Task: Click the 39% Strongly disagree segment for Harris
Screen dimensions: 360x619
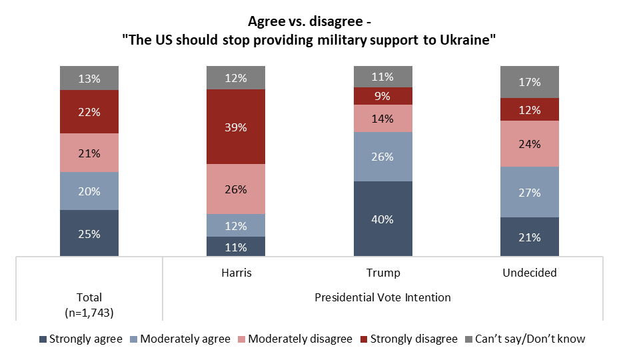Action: pos(236,127)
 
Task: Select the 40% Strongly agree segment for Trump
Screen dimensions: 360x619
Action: pos(383,219)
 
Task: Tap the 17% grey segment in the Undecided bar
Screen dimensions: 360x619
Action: pos(530,82)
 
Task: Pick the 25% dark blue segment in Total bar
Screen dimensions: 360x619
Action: pos(89,233)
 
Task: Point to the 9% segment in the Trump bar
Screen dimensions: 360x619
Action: pos(383,96)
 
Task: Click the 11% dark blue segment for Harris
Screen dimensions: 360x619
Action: pos(236,246)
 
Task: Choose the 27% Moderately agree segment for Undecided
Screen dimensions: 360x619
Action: pos(530,191)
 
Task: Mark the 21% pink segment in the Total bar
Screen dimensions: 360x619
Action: pos(89,153)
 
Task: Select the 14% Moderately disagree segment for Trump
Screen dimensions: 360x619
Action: pos(383,119)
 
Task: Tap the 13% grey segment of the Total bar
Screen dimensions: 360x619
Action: pos(89,78)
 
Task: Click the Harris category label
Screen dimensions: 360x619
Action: pos(236,273)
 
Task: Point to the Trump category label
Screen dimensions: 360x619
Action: pos(383,273)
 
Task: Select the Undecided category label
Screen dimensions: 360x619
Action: pos(530,273)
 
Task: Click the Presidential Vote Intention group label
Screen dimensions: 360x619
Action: pos(382,297)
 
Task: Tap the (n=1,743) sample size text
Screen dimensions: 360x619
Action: pos(89,311)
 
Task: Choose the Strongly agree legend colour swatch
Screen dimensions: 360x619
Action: pos(43,339)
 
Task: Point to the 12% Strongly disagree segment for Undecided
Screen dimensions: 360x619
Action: pos(530,109)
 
